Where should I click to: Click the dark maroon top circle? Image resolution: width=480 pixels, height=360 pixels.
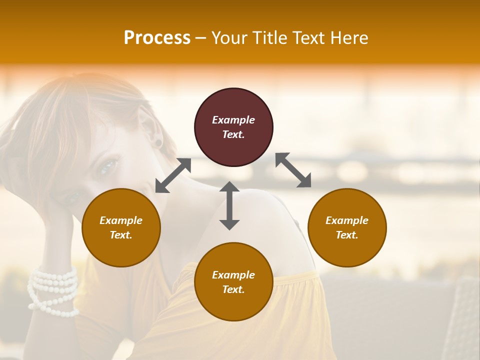coord(233,127)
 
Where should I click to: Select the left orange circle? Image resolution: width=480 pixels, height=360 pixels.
coord(121,228)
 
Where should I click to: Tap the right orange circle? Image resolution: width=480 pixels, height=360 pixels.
coord(347,228)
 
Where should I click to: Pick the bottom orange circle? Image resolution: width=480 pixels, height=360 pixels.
coord(233,282)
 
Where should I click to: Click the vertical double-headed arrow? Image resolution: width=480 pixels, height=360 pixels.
coord(229,205)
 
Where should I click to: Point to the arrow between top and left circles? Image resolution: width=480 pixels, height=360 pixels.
coord(173,175)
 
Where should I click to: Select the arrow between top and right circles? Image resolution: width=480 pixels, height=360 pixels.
coord(293,170)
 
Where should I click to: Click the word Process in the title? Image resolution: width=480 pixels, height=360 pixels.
coord(157,37)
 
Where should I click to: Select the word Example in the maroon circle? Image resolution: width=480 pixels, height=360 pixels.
coord(233,120)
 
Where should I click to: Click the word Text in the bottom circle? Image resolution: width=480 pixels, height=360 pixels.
coord(232,289)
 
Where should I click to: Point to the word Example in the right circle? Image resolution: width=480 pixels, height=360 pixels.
coord(347,220)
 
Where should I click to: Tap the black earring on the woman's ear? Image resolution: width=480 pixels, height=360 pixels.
coord(158,144)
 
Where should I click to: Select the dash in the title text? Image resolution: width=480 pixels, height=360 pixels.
coord(201,38)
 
